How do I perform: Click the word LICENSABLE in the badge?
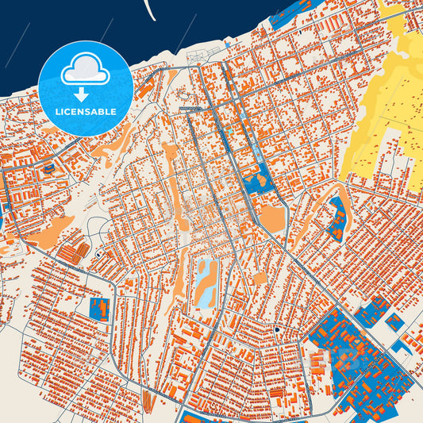tap(84, 112)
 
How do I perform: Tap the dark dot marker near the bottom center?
tap(277, 329)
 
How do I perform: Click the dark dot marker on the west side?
tap(98, 255)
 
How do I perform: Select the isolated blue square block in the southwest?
tap(100, 309)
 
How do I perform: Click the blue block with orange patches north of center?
tap(259, 181)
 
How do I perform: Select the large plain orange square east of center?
tap(272, 217)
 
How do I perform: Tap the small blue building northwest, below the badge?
tap(48, 168)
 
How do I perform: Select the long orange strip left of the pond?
tap(186, 278)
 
